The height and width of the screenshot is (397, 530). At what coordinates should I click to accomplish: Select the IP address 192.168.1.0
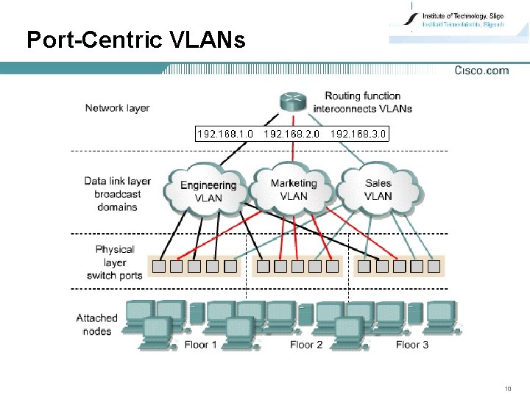225,134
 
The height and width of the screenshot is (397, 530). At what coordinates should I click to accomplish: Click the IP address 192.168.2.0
291,134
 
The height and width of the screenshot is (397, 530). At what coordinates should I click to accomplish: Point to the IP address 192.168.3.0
358,134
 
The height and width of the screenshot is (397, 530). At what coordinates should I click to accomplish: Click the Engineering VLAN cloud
208,191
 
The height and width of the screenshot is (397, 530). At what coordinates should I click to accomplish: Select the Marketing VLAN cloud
294,190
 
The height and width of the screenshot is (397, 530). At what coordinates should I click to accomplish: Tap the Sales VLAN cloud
378,190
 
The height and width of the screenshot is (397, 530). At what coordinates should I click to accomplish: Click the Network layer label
117,108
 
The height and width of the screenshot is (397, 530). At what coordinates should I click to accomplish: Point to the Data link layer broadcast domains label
117,194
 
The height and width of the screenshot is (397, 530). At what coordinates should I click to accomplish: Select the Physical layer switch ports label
115,262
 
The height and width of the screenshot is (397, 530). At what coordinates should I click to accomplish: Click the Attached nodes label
96,324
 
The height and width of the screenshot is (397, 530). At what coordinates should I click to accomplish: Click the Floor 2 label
306,344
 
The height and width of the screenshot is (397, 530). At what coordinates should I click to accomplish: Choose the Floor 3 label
412,344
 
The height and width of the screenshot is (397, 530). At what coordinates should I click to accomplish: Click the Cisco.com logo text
481,71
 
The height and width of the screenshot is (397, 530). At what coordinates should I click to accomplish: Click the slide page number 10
507,388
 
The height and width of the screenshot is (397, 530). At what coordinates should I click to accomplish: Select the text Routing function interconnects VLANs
362,102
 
